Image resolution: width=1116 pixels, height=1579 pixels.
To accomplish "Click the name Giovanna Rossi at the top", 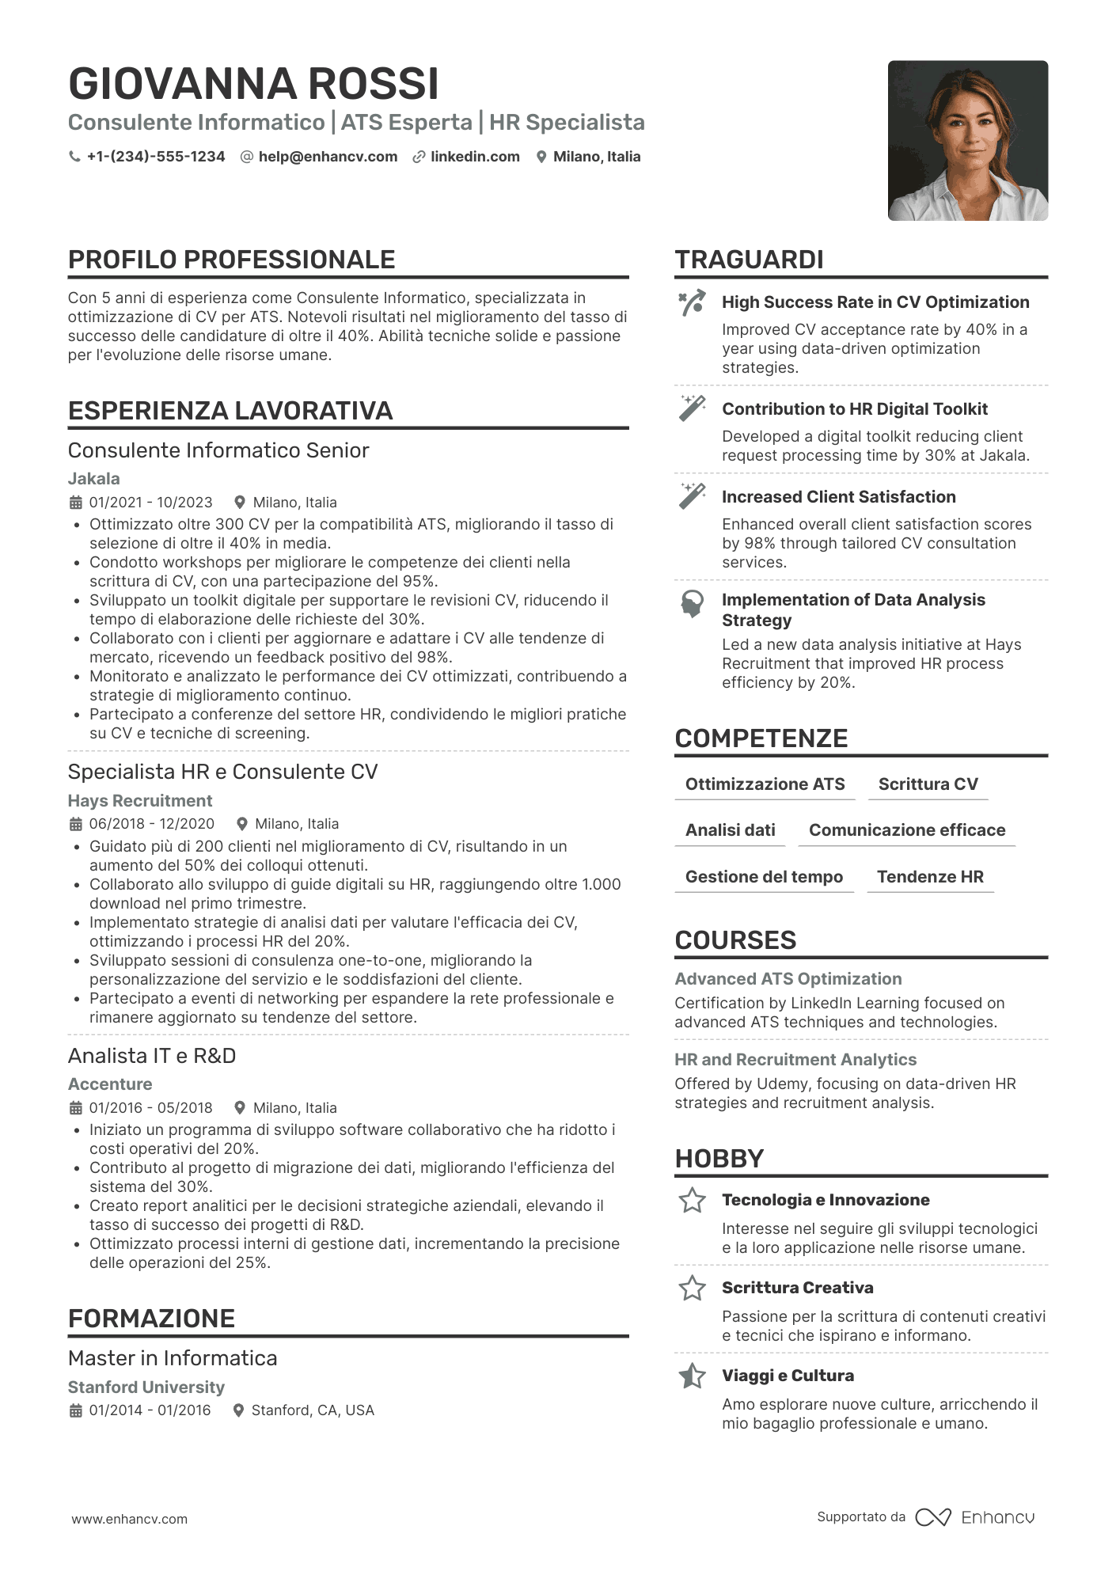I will (253, 84).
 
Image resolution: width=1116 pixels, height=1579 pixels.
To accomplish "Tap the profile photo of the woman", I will (967, 141).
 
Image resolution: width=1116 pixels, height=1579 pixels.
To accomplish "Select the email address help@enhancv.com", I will (328, 157).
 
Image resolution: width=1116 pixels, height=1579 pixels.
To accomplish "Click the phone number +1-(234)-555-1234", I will (155, 157).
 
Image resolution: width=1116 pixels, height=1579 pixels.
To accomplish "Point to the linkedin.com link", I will (475, 157).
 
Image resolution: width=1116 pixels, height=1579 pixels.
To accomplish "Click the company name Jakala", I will (94, 479).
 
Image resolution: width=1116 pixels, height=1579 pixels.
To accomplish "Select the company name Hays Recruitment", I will (140, 801).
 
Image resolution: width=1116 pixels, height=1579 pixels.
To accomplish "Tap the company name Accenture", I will (110, 1084).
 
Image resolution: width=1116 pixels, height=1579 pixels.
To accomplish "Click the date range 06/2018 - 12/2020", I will (151, 824).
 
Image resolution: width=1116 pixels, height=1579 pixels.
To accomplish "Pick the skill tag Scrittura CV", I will (928, 784).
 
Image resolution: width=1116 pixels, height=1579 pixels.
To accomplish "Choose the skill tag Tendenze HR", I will (930, 877).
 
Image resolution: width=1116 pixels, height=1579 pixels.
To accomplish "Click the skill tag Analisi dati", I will (730, 830).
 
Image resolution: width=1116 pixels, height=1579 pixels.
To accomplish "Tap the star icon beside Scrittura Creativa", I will (693, 1289).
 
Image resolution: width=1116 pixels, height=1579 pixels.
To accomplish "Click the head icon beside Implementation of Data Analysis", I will (693, 604).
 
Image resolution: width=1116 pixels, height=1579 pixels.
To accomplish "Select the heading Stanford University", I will (146, 1387).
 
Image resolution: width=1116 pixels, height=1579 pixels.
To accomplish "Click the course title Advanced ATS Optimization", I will (788, 979).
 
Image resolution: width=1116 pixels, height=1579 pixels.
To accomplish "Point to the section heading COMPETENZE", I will (761, 738).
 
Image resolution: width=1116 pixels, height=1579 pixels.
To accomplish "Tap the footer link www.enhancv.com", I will (130, 1520).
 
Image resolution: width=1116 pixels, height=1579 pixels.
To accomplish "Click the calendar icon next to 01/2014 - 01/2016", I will (76, 1410).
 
